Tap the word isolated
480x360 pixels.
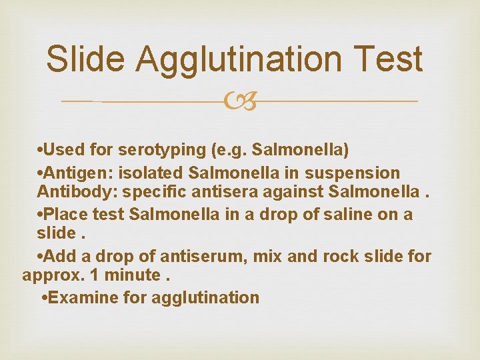tap(151, 173)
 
